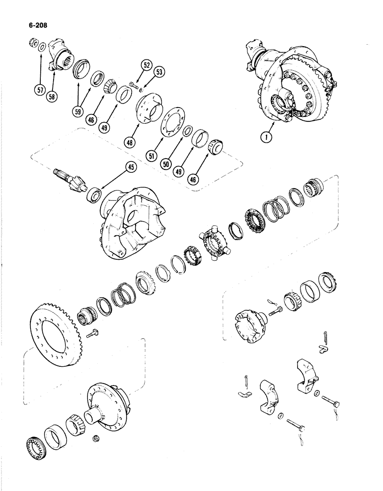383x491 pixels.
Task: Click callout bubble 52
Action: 133,64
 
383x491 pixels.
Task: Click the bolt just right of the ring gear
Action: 92,333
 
